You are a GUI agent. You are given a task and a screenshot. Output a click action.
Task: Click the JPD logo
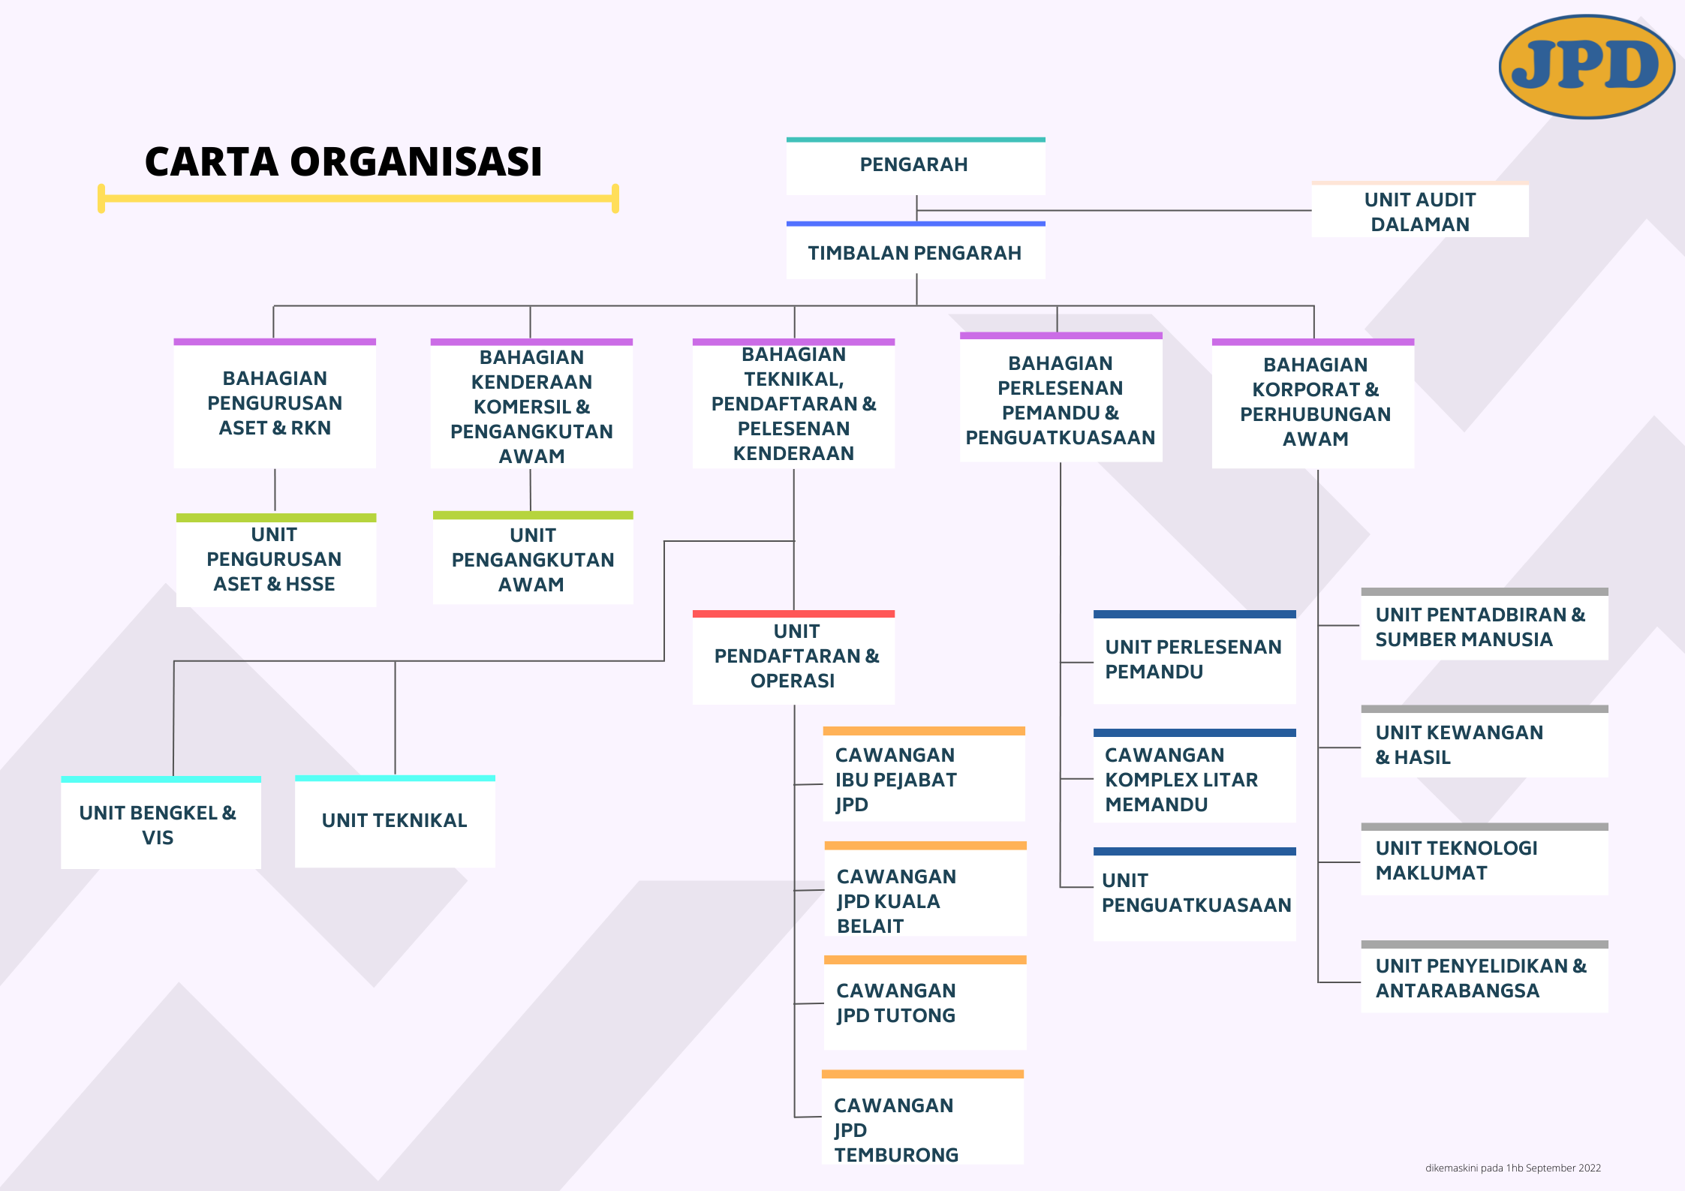[x=1587, y=66]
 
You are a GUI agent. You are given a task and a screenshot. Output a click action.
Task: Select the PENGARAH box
[x=916, y=166]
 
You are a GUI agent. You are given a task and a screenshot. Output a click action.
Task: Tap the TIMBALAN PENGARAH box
[x=916, y=251]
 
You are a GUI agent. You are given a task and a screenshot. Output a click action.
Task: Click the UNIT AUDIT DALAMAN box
[x=1420, y=209]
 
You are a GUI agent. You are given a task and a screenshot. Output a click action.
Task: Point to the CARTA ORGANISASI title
[x=344, y=161]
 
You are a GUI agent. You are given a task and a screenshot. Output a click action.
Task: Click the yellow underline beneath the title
[x=358, y=198]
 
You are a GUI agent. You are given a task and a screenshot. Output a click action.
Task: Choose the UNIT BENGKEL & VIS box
[x=161, y=823]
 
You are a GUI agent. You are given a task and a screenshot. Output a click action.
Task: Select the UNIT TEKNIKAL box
[x=395, y=821]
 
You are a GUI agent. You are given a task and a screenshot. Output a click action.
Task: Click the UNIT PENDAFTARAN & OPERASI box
[x=793, y=657]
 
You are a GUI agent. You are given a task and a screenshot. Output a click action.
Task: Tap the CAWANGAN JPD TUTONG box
[x=925, y=1003]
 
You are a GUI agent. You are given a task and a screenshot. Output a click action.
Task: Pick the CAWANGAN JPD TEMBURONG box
[x=923, y=1117]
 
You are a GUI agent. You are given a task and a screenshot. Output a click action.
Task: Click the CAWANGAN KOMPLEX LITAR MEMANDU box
[x=1195, y=776]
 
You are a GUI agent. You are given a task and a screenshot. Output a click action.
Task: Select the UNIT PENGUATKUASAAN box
[x=1195, y=894]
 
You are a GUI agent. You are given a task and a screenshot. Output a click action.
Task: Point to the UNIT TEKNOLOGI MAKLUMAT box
[x=1485, y=859]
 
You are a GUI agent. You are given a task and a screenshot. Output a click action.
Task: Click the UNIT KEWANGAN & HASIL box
[x=1485, y=741]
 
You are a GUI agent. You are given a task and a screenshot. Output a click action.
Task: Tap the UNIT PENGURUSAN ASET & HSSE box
[x=276, y=560]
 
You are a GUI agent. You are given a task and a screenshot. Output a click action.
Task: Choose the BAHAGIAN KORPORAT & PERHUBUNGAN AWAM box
[x=1313, y=404]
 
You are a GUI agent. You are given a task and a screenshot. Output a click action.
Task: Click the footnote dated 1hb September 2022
[x=1513, y=1168]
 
